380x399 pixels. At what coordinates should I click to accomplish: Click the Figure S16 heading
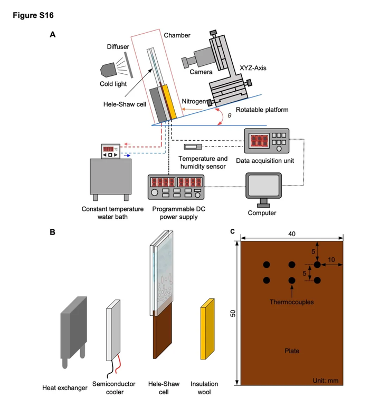32,15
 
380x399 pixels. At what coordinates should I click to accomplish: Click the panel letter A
52,35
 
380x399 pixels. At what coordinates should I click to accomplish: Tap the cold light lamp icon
109,70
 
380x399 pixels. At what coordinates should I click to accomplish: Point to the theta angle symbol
229,115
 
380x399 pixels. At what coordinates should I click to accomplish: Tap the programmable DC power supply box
176,188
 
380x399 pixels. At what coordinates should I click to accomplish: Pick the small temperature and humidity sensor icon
192,147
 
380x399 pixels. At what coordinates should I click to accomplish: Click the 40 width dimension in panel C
292,233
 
